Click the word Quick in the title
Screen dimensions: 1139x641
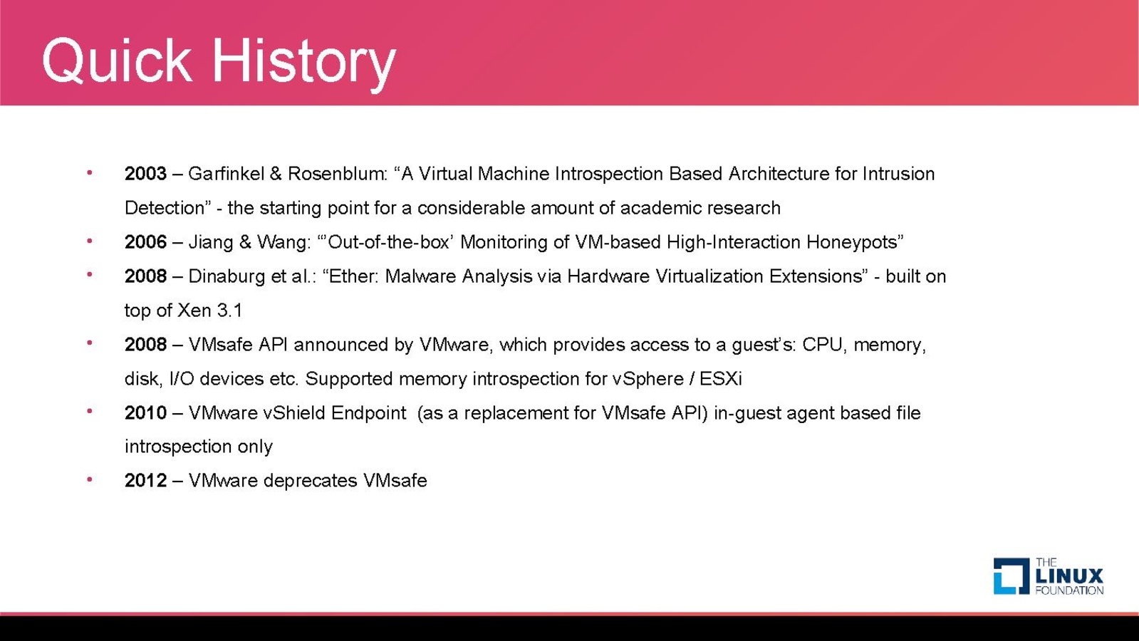pos(118,61)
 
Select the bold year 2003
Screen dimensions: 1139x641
pos(145,174)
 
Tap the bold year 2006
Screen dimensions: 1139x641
pos(145,242)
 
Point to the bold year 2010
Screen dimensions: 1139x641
pos(145,413)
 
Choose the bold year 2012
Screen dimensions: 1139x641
pos(145,480)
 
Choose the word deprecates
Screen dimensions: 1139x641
pos(310,481)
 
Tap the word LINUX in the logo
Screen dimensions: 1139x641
pos(1069,576)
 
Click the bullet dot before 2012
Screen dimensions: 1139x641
pos(90,479)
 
